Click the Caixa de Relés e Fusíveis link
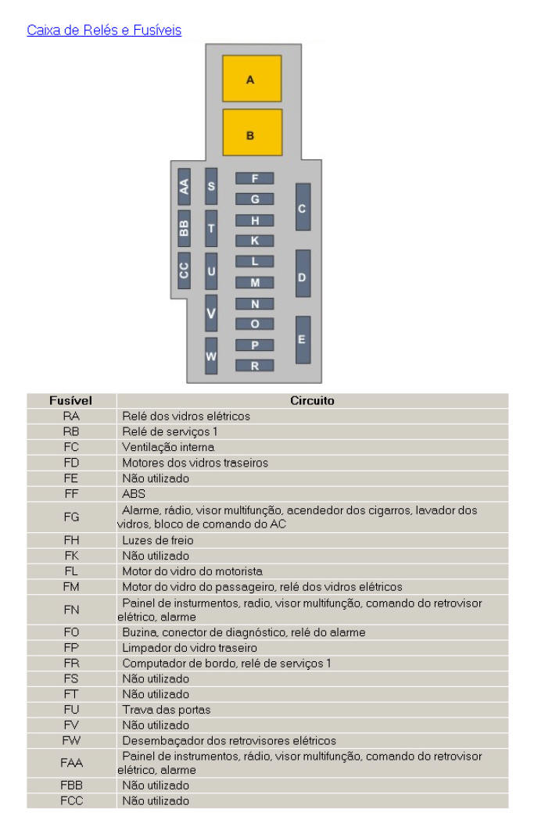click(104, 30)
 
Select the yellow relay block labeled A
click(251, 79)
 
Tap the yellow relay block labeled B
click(251, 134)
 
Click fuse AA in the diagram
click(184, 186)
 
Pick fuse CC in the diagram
click(184, 270)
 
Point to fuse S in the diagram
click(211, 186)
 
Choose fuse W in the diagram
click(211, 356)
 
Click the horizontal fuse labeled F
click(255, 178)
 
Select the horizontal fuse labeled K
click(255, 241)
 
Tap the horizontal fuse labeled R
click(255, 365)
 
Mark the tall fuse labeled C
click(303, 207)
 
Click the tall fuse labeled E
click(303, 339)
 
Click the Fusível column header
click(71, 401)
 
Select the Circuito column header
click(312, 401)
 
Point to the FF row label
click(71, 494)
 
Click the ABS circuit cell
click(134, 494)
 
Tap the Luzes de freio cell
click(157, 540)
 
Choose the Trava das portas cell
click(166, 710)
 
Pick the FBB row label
click(71, 786)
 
